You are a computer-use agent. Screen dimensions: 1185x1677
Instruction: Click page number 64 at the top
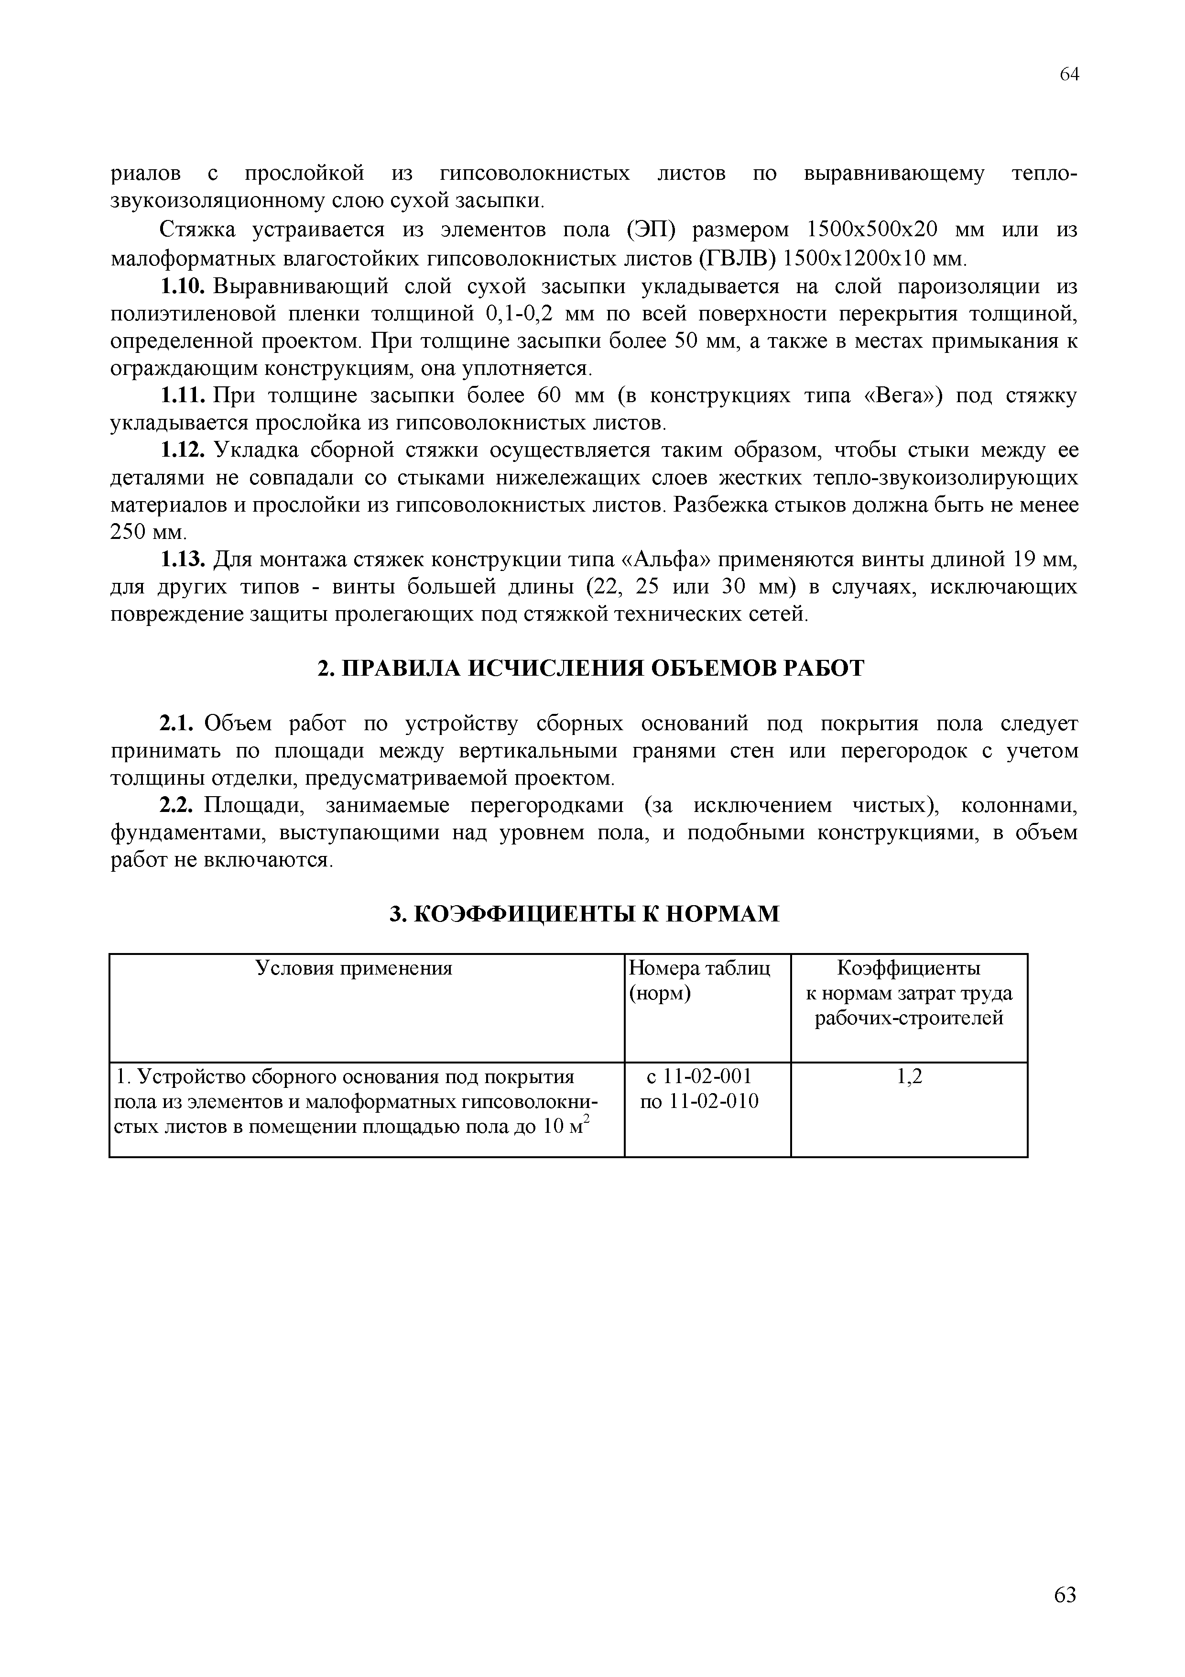click(1069, 75)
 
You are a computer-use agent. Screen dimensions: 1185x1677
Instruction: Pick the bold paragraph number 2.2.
click(176, 806)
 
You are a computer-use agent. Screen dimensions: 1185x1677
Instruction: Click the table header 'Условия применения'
click(354, 968)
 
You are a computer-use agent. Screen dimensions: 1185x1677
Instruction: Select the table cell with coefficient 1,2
click(909, 1076)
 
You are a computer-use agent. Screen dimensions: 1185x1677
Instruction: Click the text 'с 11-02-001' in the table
click(699, 1076)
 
